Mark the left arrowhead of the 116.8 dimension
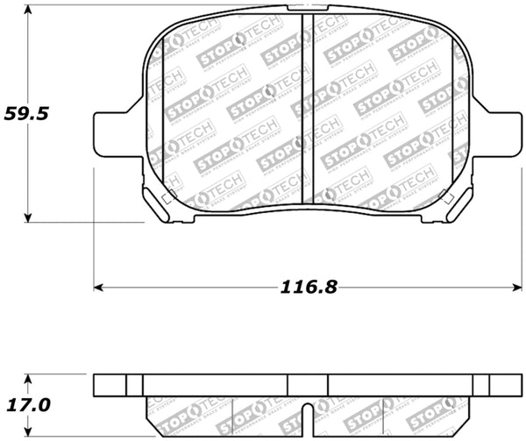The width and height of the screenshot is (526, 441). pos(99,287)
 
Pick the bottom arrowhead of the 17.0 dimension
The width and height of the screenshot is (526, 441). pos(29,433)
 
